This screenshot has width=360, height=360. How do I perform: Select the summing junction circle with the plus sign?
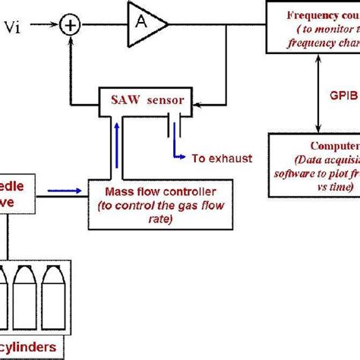click(x=70, y=27)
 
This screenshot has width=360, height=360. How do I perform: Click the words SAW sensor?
click(x=144, y=98)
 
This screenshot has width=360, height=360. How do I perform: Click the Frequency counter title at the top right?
click(x=323, y=16)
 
